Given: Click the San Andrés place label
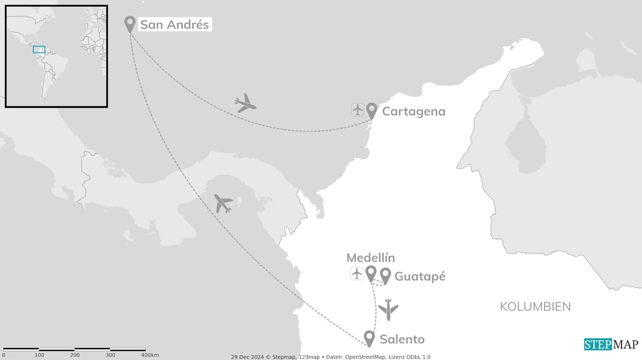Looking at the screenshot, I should click(x=174, y=24).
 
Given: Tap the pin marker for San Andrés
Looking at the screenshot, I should click(x=130, y=23).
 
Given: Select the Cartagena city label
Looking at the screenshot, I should click(x=413, y=111).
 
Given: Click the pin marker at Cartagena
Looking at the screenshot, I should click(x=372, y=110).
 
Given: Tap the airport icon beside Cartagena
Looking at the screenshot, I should click(x=358, y=109).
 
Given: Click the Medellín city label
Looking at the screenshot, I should click(x=371, y=258).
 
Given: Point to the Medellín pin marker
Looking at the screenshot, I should click(x=371, y=273).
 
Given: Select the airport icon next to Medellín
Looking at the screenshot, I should click(x=357, y=274).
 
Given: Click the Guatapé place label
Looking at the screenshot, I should click(x=420, y=276).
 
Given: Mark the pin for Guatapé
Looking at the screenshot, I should click(x=385, y=275).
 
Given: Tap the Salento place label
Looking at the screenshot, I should click(x=402, y=339).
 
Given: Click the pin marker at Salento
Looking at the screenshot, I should click(x=369, y=337).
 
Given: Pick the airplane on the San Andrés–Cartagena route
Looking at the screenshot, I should click(x=245, y=103).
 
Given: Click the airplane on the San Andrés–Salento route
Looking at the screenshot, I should click(x=223, y=203).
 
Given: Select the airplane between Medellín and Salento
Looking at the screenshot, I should click(x=388, y=309).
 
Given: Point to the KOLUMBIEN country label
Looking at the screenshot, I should click(x=535, y=307).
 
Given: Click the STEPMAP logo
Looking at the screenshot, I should click(x=611, y=344).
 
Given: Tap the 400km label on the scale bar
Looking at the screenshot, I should click(x=150, y=355).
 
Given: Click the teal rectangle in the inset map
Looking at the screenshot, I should click(x=39, y=49).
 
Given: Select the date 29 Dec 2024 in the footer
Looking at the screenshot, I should click(x=247, y=357).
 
